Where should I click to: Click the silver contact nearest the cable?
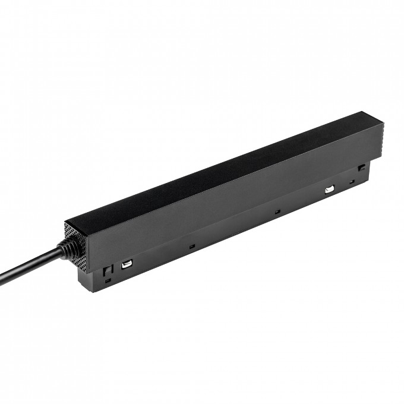pos(127,265)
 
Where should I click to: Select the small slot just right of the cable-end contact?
pos(191,245)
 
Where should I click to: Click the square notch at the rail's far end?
pos(361,169)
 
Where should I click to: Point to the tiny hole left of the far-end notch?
pos(352,180)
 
